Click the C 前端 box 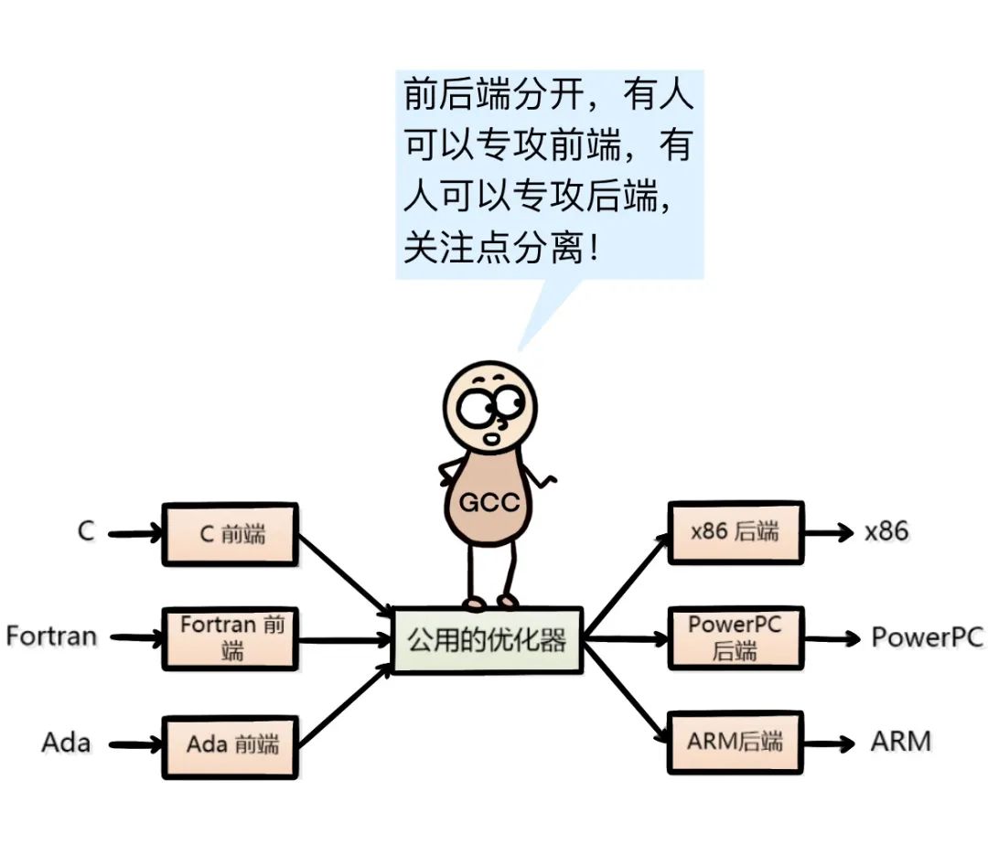click(x=230, y=534)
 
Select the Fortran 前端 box click(x=230, y=638)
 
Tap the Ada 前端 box click(x=230, y=745)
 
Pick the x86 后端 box click(x=735, y=532)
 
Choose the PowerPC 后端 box click(x=735, y=637)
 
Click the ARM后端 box click(x=735, y=742)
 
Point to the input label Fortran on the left click(x=51, y=636)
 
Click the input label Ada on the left click(x=66, y=742)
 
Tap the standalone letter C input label click(x=86, y=531)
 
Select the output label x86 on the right click(x=886, y=531)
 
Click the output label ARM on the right click(x=900, y=740)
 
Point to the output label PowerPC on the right click(x=927, y=636)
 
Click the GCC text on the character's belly click(x=489, y=502)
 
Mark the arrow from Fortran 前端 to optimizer click(x=344, y=640)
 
